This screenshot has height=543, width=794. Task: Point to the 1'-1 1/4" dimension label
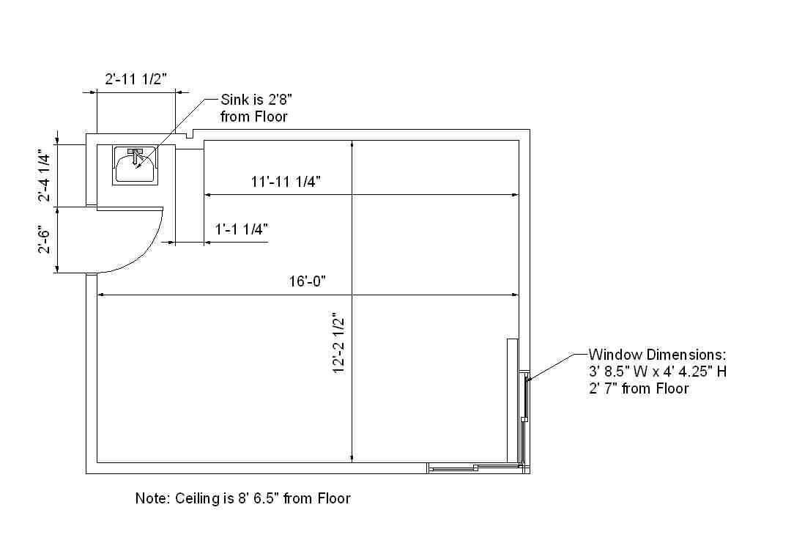[x=242, y=229]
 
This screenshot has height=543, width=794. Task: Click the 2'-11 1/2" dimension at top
[x=136, y=79]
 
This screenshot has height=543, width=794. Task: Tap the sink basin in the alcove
[x=134, y=166]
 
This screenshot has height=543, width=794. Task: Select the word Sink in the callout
[x=235, y=100]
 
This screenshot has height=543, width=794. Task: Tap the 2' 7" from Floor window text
[x=639, y=388]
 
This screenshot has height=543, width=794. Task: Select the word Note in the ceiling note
[x=151, y=499]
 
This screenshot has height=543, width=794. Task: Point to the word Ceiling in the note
[x=197, y=499]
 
